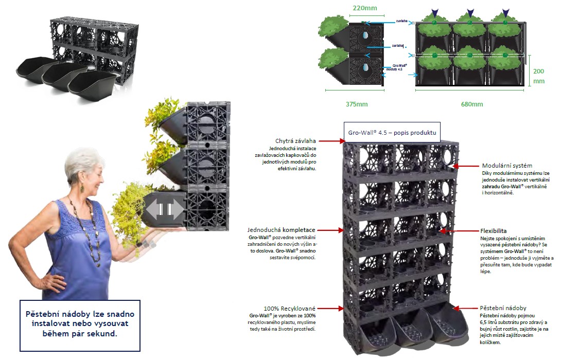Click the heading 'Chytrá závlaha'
[x=296, y=141]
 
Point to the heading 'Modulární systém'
[x=507, y=166]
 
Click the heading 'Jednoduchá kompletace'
[x=282, y=229]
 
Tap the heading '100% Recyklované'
[x=289, y=308]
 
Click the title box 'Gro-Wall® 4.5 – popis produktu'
[x=392, y=133]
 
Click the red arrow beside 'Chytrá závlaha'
[x=330, y=140]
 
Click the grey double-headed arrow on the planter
[x=164, y=209]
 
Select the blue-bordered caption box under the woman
[x=79, y=322]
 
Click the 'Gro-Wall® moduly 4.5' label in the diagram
[x=400, y=67]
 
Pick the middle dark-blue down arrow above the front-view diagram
[x=470, y=12]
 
